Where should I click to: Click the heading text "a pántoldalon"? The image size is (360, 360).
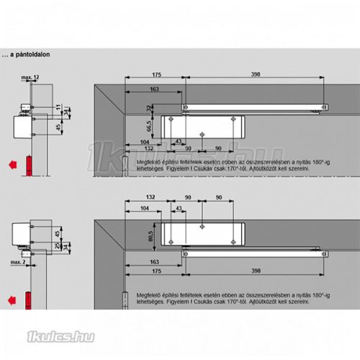[32, 53]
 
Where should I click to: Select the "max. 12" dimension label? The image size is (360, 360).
[30, 76]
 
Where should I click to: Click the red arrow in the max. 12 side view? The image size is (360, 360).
[12, 165]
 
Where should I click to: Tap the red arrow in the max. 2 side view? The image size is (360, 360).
[12, 297]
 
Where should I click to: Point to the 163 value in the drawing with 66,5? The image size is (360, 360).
[135, 90]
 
